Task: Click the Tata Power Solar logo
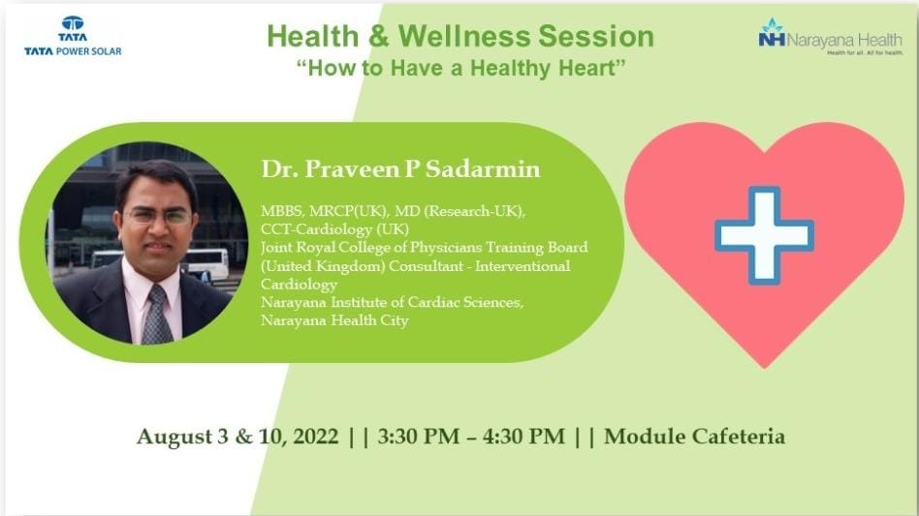(x=73, y=36)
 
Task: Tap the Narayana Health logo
(x=830, y=36)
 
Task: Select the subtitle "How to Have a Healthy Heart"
(x=460, y=68)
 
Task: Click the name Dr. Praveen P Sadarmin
(x=400, y=169)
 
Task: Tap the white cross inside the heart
(x=764, y=235)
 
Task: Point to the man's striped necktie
(x=155, y=315)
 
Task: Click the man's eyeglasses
(x=158, y=217)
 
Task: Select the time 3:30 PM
(x=419, y=437)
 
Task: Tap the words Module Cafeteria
(x=694, y=437)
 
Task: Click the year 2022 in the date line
(x=315, y=437)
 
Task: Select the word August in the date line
(x=174, y=438)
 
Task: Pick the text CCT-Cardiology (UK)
(x=334, y=228)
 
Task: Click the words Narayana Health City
(x=334, y=320)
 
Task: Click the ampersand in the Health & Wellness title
(x=379, y=36)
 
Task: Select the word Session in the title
(x=596, y=36)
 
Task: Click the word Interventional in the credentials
(x=523, y=266)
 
